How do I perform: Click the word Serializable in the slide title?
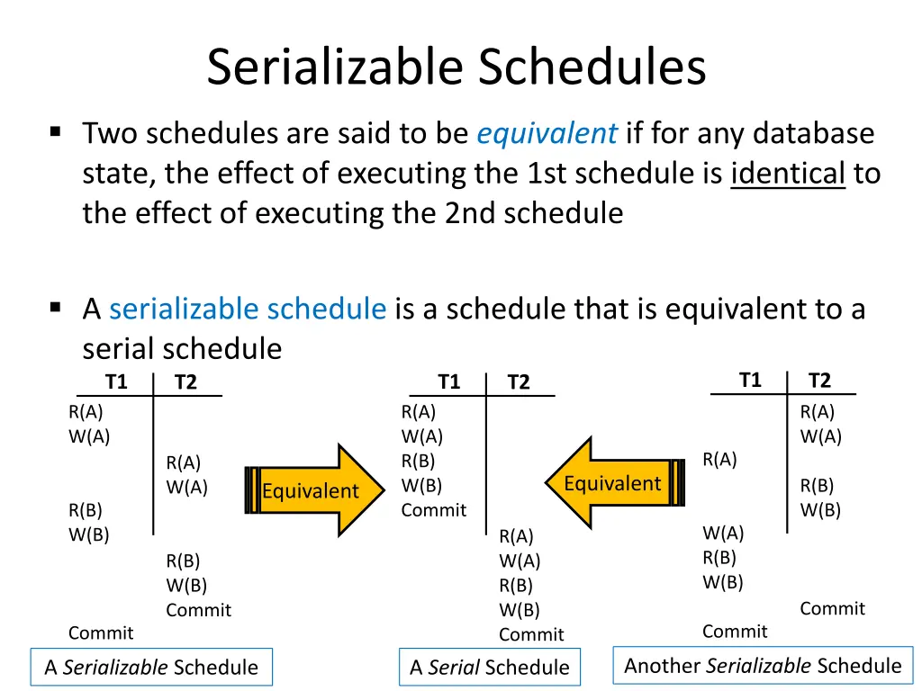click(x=335, y=67)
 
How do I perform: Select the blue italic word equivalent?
click(x=547, y=134)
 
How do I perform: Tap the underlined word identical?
click(x=788, y=173)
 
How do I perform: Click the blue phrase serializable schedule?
click(x=248, y=310)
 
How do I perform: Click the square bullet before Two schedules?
click(x=56, y=132)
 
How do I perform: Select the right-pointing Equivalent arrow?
click(x=314, y=490)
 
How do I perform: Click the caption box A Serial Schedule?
click(x=490, y=668)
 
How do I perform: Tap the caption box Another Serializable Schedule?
click(x=763, y=666)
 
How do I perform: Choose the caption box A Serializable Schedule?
click(x=151, y=668)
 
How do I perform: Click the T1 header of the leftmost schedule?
click(x=116, y=382)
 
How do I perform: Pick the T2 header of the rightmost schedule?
click(x=819, y=381)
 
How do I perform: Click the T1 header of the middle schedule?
click(x=449, y=382)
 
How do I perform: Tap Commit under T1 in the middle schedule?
click(x=434, y=510)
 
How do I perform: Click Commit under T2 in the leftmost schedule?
click(x=198, y=610)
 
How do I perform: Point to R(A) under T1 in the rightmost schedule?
click(x=719, y=460)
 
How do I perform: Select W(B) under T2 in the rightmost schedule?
click(x=820, y=510)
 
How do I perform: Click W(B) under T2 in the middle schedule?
click(x=520, y=610)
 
